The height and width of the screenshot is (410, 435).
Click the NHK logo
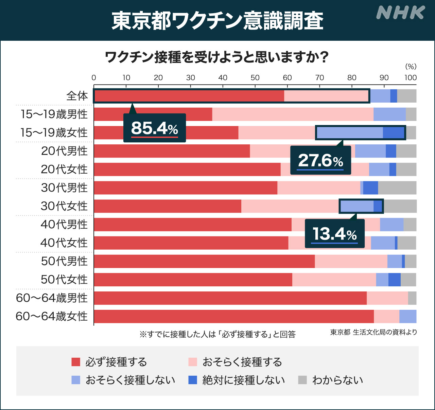click(x=400, y=13)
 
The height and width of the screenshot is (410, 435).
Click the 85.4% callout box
click(x=155, y=128)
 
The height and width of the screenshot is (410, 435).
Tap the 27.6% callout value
click(x=320, y=160)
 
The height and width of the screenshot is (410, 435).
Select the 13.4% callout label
click(x=335, y=234)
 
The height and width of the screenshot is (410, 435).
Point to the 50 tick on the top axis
click(x=255, y=77)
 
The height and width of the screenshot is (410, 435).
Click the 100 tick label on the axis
click(x=411, y=77)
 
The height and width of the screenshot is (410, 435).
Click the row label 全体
click(x=77, y=96)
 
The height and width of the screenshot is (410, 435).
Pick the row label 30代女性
click(x=64, y=206)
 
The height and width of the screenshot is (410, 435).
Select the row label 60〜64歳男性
click(x=52, y=298)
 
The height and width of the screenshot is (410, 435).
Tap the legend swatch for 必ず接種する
click(x=76, y=362)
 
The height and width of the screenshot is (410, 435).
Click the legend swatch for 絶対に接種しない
click(x=193, y=380)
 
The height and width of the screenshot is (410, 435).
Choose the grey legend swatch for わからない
click(x=302, y=380)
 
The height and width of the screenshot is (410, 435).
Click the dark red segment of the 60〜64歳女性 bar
click(x=234, y=316)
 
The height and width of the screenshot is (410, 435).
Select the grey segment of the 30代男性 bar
click(x=397, y=188)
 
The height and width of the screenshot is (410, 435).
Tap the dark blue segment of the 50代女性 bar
click(x=394, y=280)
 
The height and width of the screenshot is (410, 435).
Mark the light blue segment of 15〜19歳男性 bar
click(x=389, y=114)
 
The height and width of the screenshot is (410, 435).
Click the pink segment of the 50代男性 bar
click(x=351, y=261)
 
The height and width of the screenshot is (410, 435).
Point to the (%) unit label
click(x=411, y=67)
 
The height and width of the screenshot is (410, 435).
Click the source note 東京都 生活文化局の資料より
click(x=373, y=332)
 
